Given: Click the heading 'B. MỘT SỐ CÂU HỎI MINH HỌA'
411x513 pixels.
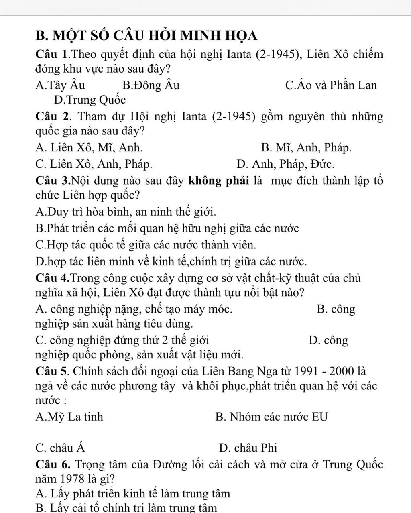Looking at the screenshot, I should (x=146, y=35).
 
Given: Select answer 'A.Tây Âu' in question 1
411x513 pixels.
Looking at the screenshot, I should (x=60, y=85).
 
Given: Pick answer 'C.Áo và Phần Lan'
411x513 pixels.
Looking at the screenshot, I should (x=331, y=85).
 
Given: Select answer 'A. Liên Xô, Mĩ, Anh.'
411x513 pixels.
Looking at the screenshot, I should (x=89, y=148).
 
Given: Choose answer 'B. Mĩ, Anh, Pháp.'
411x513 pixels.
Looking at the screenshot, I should (x=306, y=148).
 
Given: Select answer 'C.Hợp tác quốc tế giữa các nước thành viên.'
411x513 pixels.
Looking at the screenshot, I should (x=145, y=244).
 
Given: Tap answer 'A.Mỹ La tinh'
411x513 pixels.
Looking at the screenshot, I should (x=69, y=417).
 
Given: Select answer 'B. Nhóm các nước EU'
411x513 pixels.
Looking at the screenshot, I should (x=271, y=417).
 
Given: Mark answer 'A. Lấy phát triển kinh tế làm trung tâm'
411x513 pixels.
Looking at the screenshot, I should (x=132, y=493).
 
